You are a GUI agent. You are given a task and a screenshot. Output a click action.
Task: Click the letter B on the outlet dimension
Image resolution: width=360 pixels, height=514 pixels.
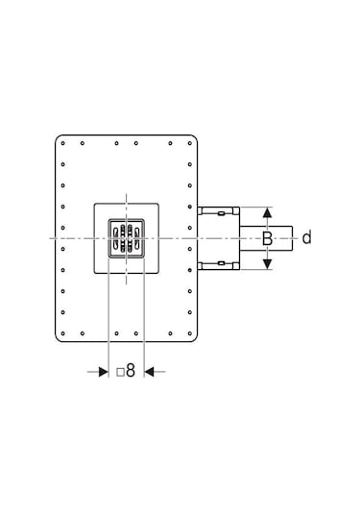tap(269, 238)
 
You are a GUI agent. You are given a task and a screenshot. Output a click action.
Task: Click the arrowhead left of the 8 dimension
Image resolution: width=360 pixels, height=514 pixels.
tap(103, 371)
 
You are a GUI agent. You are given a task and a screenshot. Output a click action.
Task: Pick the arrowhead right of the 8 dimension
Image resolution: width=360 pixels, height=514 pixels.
tap(150, 371)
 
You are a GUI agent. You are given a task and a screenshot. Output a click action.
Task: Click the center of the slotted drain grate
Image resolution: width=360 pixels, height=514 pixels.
tap(127, 237)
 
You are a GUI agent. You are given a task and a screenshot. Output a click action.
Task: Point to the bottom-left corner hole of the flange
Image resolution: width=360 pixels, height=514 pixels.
tap(63, 331)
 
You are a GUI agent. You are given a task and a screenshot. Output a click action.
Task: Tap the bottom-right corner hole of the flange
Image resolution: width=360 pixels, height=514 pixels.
tap(189, 331)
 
